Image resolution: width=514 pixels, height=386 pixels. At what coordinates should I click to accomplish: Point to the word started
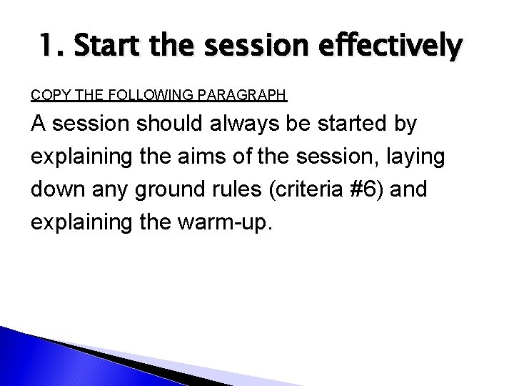[351, 125]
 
